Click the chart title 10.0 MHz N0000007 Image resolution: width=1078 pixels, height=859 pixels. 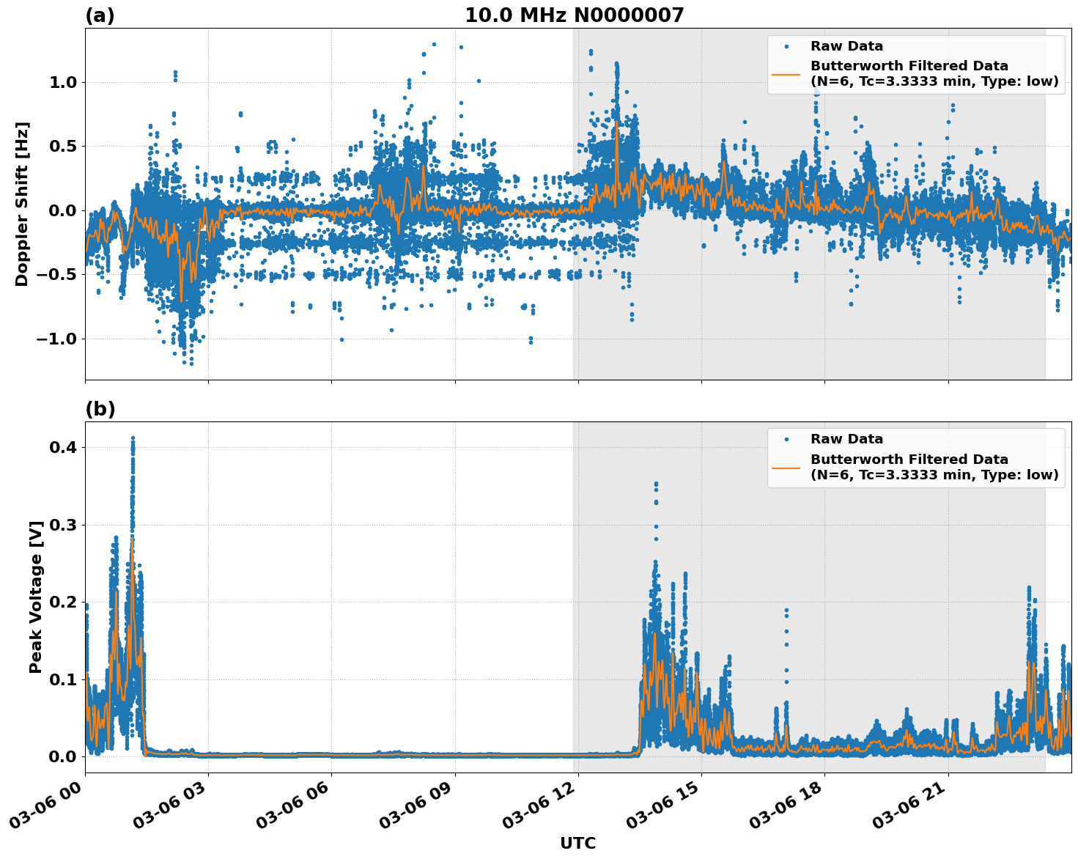pos(574,15)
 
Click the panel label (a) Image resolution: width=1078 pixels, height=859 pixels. pos(100,15)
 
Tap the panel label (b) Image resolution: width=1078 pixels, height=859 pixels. pos(100,409)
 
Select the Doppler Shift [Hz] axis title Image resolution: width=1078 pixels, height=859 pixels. pos(22,204)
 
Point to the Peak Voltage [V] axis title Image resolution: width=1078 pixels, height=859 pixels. pos(36,597)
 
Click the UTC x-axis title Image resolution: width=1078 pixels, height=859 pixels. pos(577,844)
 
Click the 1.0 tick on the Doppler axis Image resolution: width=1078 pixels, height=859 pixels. pos(64,82)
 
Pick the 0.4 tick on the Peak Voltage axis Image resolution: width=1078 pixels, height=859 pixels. pos(64,447)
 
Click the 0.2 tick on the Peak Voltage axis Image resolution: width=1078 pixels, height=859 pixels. pos(64,602)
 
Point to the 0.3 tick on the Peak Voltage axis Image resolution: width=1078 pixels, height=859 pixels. pos(64,525)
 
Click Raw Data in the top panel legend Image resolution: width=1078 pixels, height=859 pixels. pos(846,47)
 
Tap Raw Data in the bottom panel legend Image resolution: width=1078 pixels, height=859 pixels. pos(846,440)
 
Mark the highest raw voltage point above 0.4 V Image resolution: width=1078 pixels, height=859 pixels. pos(133,438)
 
